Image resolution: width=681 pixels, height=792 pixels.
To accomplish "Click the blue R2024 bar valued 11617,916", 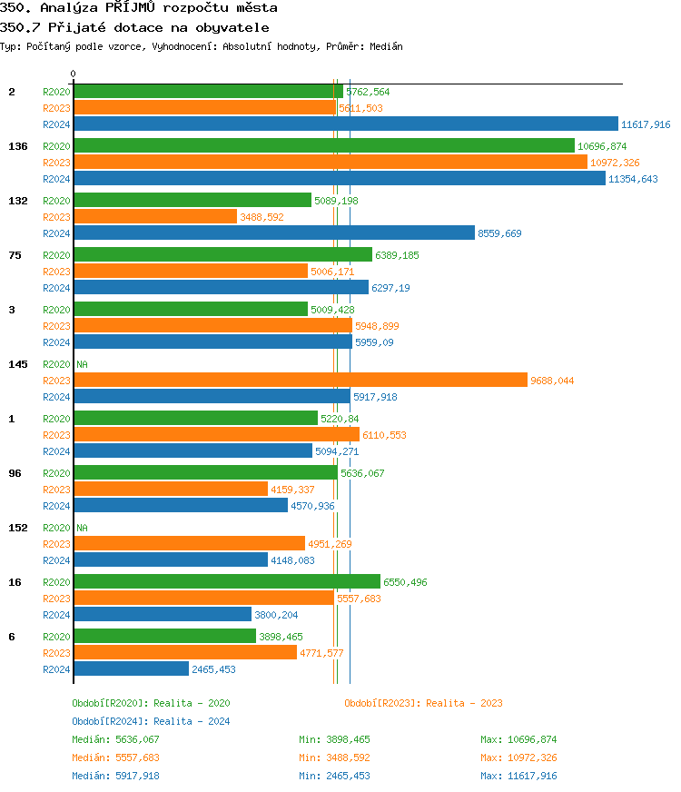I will tap(345, 124).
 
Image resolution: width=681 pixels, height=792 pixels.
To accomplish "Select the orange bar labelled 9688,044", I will tap(300, 381).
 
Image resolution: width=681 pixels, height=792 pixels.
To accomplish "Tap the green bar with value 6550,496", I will tap(226, 582).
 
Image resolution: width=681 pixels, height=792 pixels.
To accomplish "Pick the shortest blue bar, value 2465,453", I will tap(131, 669).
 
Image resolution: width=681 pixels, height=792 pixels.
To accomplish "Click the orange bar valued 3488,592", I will tap(154, 217).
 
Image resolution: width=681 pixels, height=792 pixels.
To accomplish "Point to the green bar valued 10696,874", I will tap(323, 146).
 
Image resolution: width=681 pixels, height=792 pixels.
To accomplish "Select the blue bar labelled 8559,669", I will tap(273, 233).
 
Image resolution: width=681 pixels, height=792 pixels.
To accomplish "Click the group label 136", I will tap(17, 146).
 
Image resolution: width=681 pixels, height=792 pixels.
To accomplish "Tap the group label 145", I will tap(17, 364).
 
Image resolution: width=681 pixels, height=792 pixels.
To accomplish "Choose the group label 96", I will tap(15, 473).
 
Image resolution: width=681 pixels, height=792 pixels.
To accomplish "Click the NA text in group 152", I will tap(82, 528).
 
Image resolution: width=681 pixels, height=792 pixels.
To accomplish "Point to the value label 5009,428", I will tap(332, 310).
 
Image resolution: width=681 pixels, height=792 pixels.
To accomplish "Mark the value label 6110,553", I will tap(384, 435).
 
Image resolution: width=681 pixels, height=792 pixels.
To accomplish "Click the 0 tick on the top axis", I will tap(74, 74).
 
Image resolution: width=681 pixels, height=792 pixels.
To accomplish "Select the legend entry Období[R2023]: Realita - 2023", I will tap(423, 703).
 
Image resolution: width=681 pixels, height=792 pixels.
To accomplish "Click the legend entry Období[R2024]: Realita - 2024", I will tap(151, 721).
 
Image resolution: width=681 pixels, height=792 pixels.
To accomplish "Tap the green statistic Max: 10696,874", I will tap(518, 739).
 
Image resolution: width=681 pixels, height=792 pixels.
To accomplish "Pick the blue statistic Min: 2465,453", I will tap(334, 776).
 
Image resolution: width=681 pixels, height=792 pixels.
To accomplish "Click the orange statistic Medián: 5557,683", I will tap(115, 757).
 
